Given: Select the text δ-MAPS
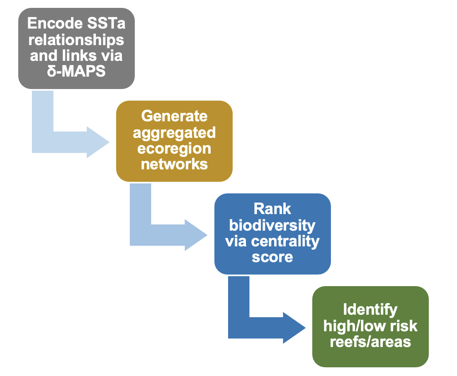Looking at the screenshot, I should pos(77,71).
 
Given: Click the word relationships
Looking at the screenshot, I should pos(77,39).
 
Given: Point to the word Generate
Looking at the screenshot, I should pos(174,116).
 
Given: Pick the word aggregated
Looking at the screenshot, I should pos(174,133).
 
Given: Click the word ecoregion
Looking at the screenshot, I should pos(174,148).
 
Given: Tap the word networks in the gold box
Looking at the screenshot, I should pos(174,164).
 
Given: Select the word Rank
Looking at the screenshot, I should pos(272,209).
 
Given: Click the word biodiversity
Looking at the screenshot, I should pos(272,225).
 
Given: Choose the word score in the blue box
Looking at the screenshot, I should pos(272,257).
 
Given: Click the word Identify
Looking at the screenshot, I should pos(370,310).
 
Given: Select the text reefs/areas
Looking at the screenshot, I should pos(370,342).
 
